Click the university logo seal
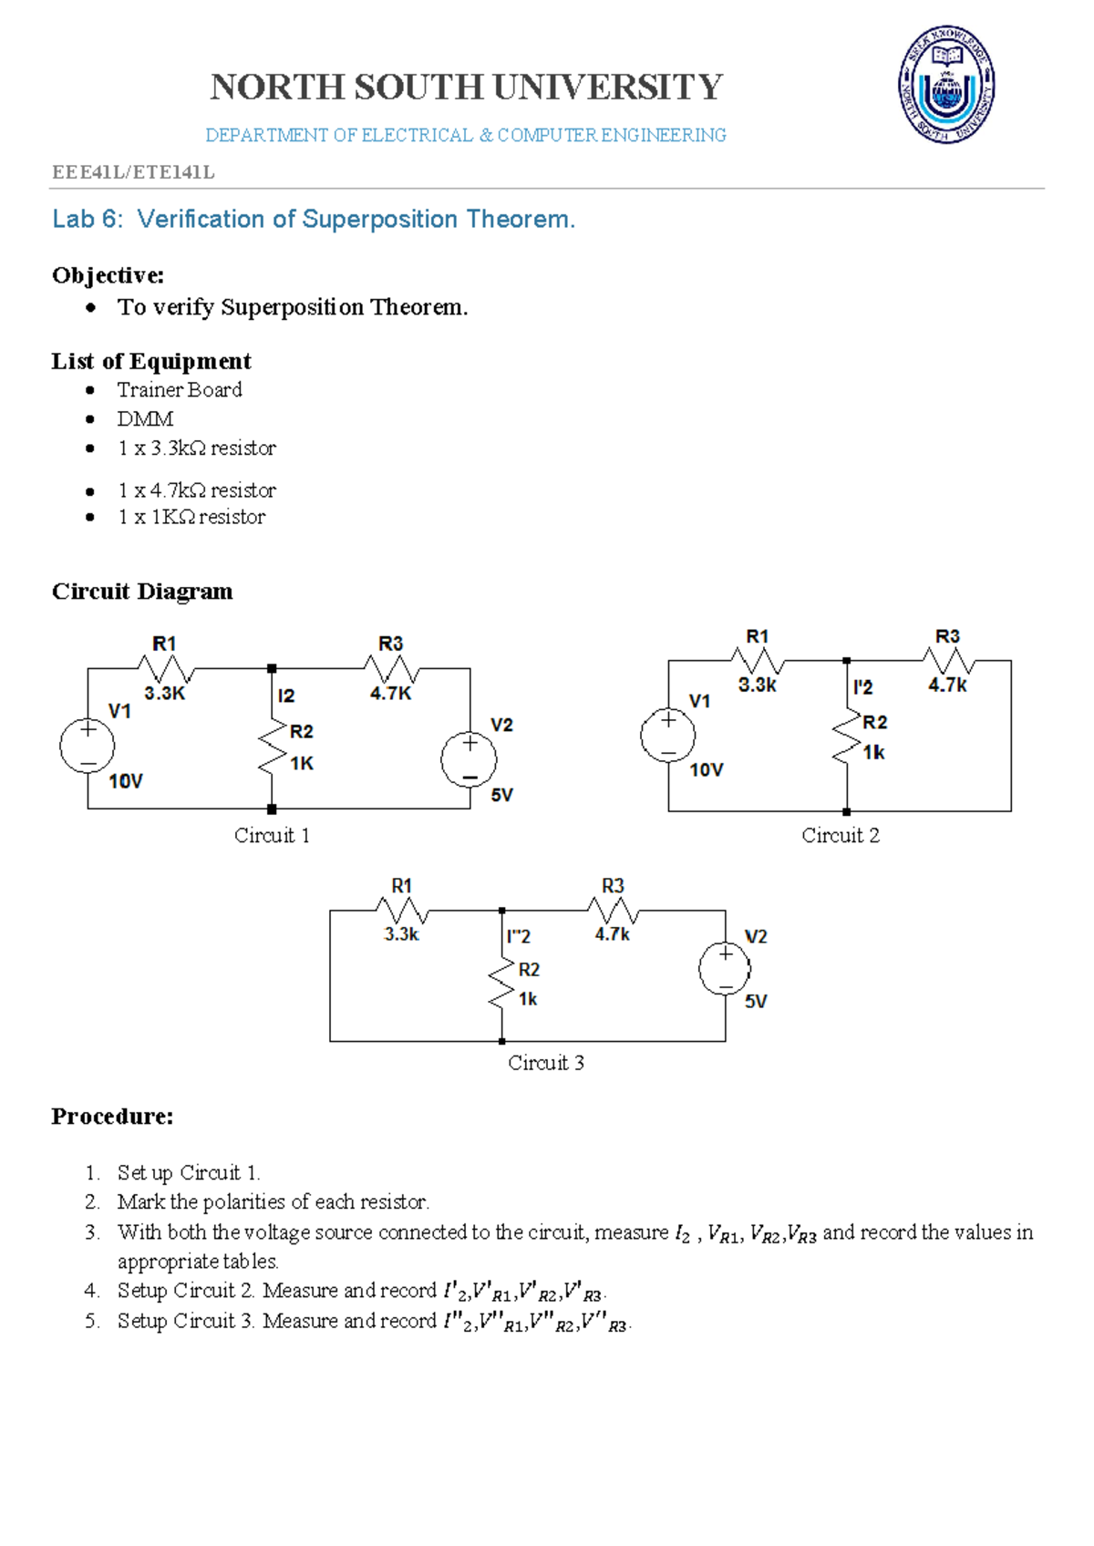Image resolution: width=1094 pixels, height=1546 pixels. point(945,85)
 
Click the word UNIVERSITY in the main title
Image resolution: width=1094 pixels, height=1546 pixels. point(608,88)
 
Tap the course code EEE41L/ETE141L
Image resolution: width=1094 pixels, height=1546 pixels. point(133,172)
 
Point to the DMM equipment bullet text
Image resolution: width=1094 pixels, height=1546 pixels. point(145,419)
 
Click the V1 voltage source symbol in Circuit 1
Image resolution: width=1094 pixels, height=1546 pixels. point(88,746)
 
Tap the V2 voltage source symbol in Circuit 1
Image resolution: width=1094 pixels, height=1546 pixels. point(470,760)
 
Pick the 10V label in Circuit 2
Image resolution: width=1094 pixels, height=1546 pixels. point(707,769)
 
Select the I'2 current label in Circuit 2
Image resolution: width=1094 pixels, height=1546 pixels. point(862,687)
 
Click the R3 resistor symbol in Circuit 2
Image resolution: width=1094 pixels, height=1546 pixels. point(948,661)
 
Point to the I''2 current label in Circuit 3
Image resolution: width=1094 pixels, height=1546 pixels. point(519,936)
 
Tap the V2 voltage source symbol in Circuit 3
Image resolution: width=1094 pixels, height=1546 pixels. point(725,969)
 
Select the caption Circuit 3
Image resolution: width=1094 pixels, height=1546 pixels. point(546,1062)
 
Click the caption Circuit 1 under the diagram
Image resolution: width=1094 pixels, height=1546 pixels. point(272,835)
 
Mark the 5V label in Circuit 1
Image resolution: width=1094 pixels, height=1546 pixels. point(501,795)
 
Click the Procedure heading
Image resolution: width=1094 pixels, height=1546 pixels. point(112,1116)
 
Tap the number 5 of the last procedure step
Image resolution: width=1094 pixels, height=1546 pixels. point(90,1321)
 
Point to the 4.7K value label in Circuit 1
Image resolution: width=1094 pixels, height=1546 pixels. point(391,694)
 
